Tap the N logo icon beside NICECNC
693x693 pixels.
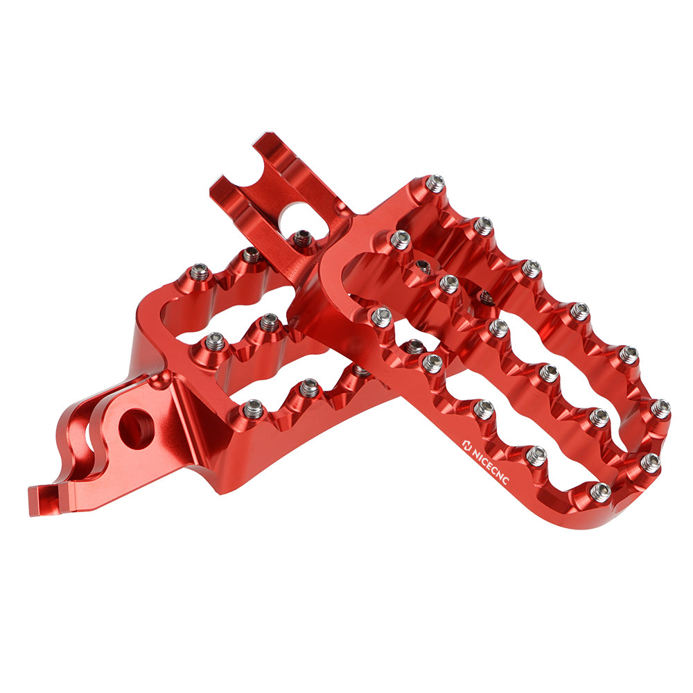tap(466, 444)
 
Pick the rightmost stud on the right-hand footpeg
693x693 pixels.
tap(660, 408)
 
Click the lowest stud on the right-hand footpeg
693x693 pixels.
tap(601, 490)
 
